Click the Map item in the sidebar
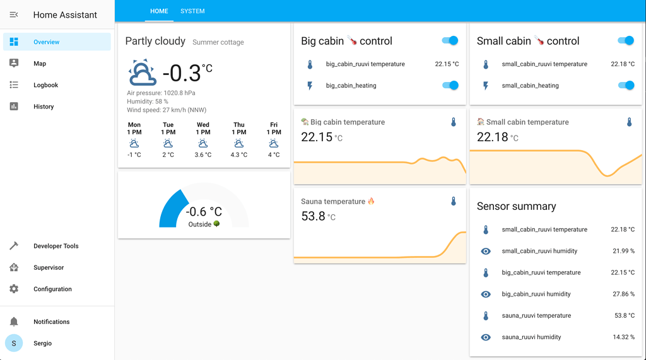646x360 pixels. pos(39,64)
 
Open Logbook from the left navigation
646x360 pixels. pos(45,85)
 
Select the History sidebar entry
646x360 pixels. pos(43,107)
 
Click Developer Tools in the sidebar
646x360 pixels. pos(56,246)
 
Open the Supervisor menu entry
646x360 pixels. pos(48,267)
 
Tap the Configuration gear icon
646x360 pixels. pos(14,289)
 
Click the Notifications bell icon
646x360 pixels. pos(14,322)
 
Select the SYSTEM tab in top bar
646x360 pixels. pos(192,11)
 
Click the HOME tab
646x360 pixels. pos(159,11)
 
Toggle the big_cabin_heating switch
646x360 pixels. pos(450,85)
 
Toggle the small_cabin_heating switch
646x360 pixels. pos(626,85)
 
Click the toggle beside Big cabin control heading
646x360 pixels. pos(450,41)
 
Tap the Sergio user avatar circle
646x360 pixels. pos(14,343)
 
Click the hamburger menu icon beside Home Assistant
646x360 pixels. pos(14,15)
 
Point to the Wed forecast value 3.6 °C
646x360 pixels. pos(203,155)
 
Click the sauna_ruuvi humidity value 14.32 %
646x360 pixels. pos(623,337)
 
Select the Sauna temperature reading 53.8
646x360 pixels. pos(314,216)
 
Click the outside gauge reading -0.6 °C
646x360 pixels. pos(204,212)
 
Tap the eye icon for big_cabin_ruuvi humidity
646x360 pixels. pos(486,294)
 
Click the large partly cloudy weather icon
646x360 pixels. pos(143,73)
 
